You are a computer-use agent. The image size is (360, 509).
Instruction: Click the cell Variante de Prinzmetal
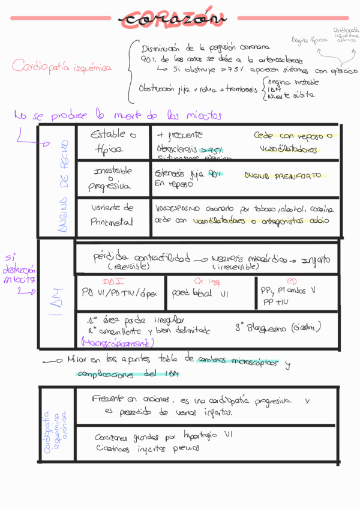coord(112,215)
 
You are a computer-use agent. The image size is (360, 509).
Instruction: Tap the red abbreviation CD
coord(291,280)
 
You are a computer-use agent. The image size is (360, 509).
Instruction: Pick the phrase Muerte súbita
coord(289,96)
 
